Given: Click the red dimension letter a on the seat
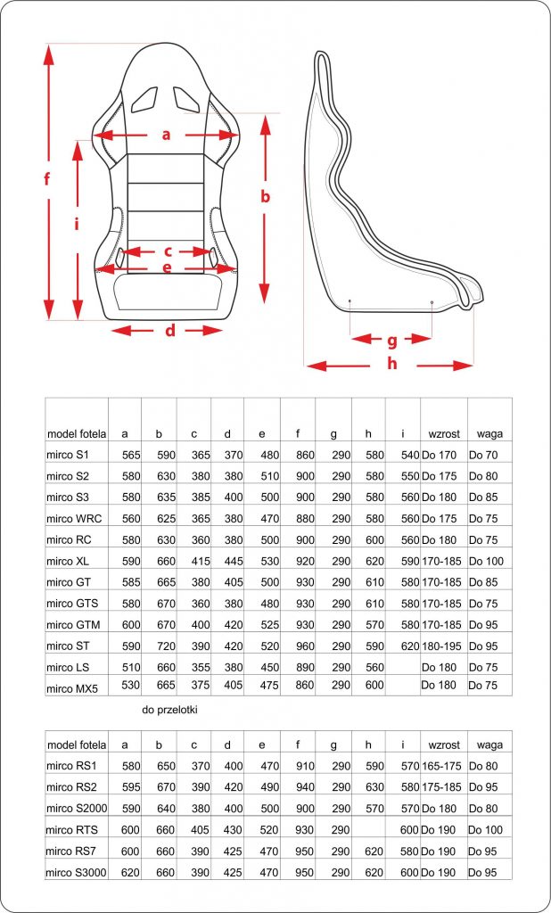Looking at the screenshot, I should click(x=166, y=136).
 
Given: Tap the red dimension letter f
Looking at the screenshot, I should click(x=46, y=178).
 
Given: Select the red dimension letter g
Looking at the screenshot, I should click(x=392, y=340).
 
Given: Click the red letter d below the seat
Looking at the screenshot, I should click(x=169, y=332).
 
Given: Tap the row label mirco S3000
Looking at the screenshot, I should click(x=77, y=871).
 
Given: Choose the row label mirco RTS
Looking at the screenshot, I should click(x=72, y=829).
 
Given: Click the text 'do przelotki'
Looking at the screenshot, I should click(x=170, y=710).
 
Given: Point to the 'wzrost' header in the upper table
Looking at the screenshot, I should click(x=444, y=434).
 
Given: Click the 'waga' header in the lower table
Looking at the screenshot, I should click(x=489, y=744).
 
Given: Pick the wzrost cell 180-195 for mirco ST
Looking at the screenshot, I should click(x=443, y=643).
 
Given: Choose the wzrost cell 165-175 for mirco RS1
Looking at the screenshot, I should click(x=443, y=766).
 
